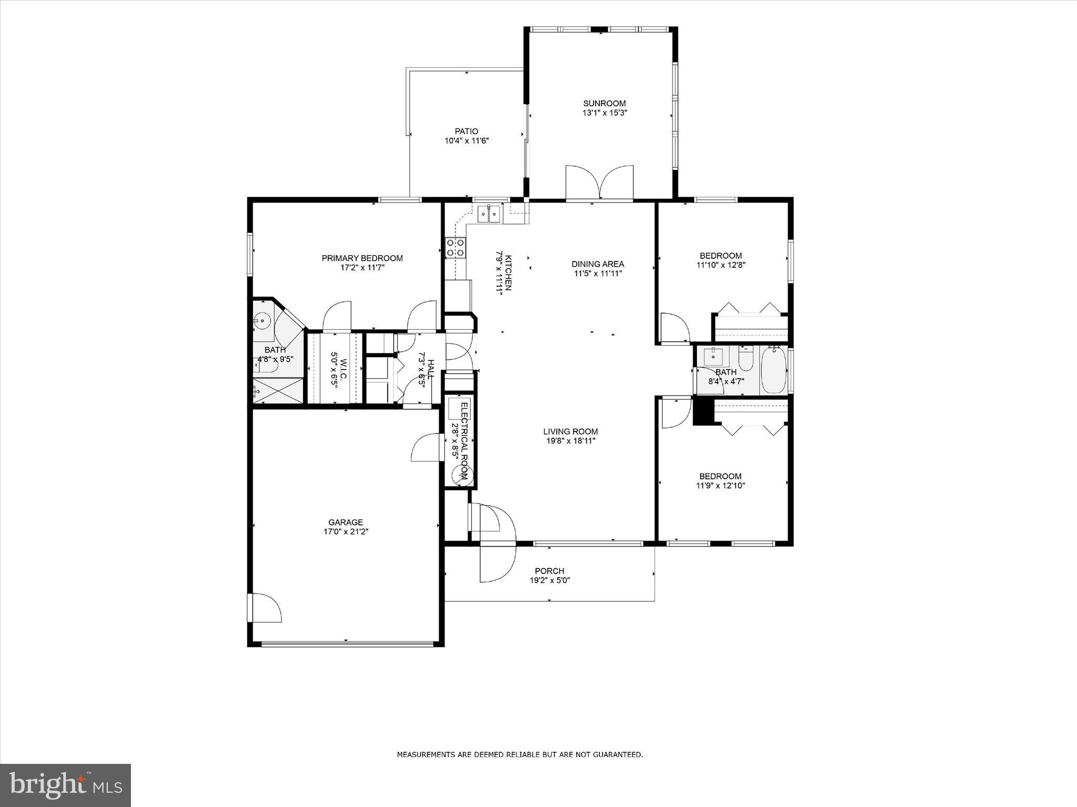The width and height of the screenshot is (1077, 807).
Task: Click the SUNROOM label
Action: [604, 104]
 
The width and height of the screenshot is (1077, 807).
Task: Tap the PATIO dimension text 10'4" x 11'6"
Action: [467, 140]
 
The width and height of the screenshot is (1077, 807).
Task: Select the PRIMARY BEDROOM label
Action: [362, 258]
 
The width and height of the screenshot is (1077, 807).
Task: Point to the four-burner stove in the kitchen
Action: [455, 247]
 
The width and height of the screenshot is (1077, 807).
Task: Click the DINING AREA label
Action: [597, 264]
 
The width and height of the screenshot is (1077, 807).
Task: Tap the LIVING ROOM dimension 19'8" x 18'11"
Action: [570, 441]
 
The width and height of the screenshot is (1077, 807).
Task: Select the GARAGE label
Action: [346, 522]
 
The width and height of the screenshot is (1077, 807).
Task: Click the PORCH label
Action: [550, 571]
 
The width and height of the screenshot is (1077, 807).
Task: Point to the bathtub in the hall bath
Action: [773, 370]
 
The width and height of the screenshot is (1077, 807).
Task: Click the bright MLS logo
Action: [65, 785]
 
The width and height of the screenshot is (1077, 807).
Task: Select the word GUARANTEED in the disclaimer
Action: [617, 755]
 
